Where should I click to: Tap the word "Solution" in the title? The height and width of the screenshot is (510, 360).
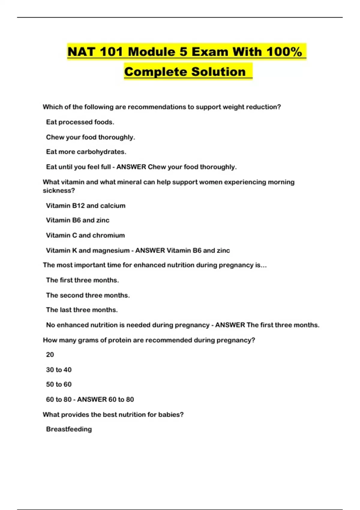point(218,72)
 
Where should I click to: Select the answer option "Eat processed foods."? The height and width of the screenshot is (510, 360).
point(80,122)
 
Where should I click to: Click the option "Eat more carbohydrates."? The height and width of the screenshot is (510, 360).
point(86,152)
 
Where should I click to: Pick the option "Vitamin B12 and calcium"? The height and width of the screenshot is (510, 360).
point(85,205)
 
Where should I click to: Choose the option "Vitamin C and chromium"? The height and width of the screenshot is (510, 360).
point(85,235)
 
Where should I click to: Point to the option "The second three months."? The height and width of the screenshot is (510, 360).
point(88,295)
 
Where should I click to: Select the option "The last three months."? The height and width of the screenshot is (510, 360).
point(82,310)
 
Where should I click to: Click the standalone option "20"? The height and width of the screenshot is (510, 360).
point(50,355)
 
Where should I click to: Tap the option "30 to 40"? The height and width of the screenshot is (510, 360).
point(59,370)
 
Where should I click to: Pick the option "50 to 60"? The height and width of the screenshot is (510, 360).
point(59,384)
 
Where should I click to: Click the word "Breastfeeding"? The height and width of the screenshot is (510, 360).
point(69,429)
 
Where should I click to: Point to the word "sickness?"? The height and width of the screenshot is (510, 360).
point(59,190)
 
